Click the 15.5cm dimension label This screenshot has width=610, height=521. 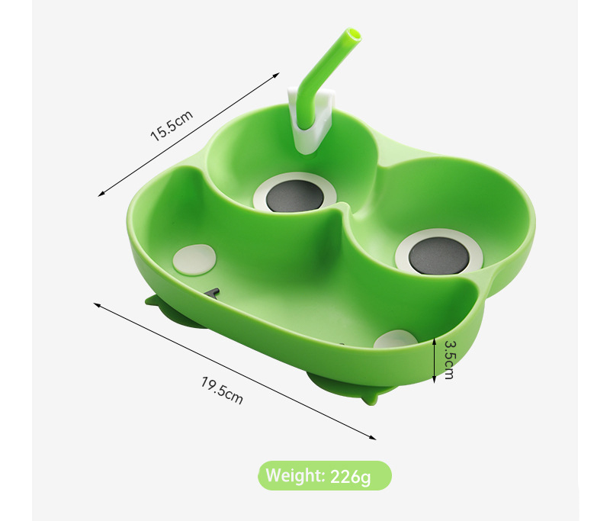point(172,125)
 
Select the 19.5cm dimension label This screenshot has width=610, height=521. point(222,391)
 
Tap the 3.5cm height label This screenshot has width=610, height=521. point(449,360)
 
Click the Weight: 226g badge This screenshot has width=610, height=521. point(325,475)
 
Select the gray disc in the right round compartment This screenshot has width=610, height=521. point(438,256)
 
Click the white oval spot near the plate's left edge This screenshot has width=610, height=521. point(194,260)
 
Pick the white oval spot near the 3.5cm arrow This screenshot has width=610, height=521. point(395,339)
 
